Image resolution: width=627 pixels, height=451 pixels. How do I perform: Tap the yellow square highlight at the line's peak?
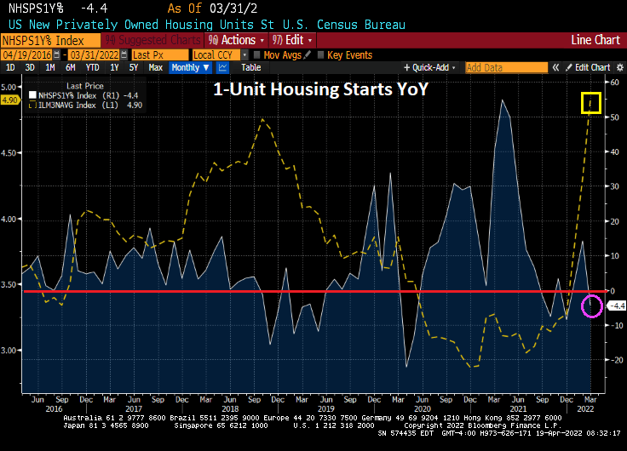[x=591, y=103]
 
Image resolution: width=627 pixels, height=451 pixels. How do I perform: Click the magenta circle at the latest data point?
[x=592, y=306]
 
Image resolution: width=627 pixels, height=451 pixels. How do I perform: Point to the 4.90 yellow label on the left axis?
[x=10, y=100]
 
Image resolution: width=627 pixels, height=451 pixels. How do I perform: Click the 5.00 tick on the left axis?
[x=10, y=87]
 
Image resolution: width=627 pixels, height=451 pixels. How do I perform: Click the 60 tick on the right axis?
[x=613, y=82]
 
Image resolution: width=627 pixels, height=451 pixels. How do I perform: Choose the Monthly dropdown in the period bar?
[x=189, y=67]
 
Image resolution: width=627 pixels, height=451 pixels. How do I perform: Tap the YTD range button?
[x=93, y=67]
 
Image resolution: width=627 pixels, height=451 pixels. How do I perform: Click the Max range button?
[x=155, y=67]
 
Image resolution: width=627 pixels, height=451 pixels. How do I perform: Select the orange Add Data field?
[x=506, y=67]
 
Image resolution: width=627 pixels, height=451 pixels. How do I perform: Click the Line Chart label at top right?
[x=595, y=40]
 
